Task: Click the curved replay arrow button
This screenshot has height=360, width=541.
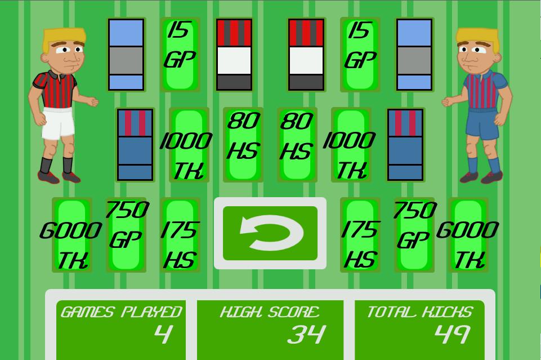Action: (x=270, y=233)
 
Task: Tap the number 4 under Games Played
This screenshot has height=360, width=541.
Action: (x=163, y=334)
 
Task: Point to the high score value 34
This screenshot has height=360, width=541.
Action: (x=306, y=334)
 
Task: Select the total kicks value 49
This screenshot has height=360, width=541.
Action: (x=453, y=334)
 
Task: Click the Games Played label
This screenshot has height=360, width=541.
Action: (x=121, y=312)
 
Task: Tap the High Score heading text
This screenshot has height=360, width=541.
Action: (x=270, y=312)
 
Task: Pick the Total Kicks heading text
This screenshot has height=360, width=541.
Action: (x=419, y=312)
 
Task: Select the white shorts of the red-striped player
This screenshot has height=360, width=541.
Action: (x=59, y=122)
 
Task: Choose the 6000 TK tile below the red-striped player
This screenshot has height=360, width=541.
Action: (x=72, y=235)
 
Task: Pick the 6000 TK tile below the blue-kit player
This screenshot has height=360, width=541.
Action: (x=468, y=235)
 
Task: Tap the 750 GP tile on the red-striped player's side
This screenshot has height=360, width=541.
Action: (x=126, y=235)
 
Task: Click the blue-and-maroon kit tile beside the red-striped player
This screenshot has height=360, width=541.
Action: (x=135, y=145)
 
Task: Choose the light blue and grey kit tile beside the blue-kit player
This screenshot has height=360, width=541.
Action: (x=414, y=55)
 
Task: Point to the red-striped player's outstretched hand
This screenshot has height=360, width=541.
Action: (x=91, y=102)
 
